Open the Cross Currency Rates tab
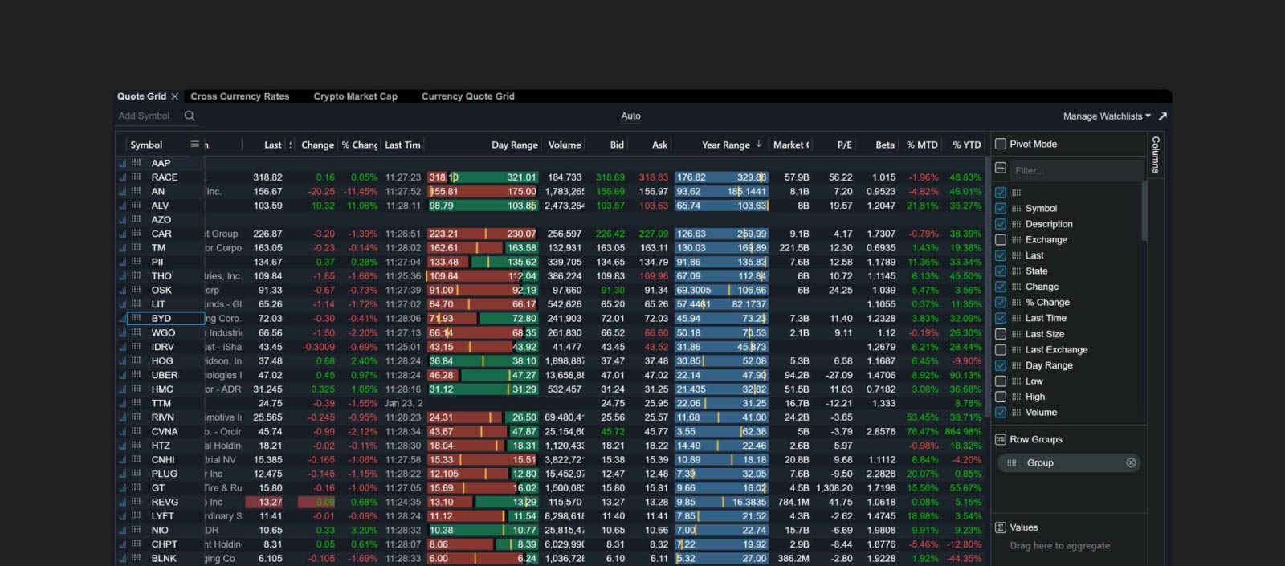[x=239, y=96]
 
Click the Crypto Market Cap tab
[x=355, y=96]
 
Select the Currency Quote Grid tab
[x=467, y=96]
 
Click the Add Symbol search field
[x=149, y=116]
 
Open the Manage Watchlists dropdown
[x=1106, y=116]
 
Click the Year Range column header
[x=725, y=145]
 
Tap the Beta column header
[x=884, y=145]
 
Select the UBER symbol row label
[x=165, y=375]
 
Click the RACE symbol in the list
[x=165, y=177]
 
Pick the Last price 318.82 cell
[x=267, y=177]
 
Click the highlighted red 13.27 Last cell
[x=270, y=502]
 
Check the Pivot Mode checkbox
[x=1001, y=145]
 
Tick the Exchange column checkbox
[x=1001, y=240]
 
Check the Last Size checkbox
[x=1001, y=334]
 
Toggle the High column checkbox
[x=1001, y=397]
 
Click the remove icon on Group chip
[x=1131, y=463]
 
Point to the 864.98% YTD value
[x=963, y=432]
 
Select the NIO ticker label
[x=160, y=531]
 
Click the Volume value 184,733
[x=565, y=177]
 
